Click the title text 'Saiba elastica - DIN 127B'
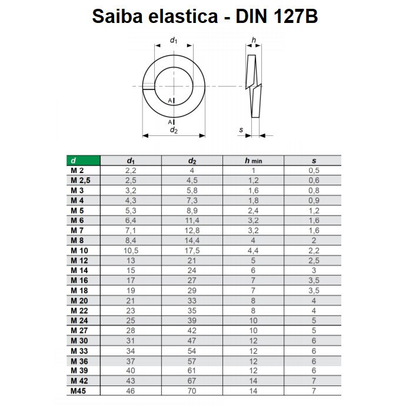(x=205, y=17)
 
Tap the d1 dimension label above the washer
(x=174, y=41)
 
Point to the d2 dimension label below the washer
(x=174, y=130)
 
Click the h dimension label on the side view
(x=253, y=40)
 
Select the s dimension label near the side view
(x=241, y=130)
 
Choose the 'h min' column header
(x=252, y=161)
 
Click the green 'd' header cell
(x=82, y=161)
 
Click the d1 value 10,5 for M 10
(x=131, y=250)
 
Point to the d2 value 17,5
(x=192, y=250)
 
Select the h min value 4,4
(x=252, y=250)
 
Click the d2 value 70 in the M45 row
(x=192, y=391)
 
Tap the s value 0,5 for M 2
(x=314, y=170)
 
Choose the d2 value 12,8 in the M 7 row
(x=192, y=230)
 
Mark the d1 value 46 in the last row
(x=131, y=391)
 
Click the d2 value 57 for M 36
(x=192, y=361)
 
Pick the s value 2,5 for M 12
(x=314, y=260)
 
